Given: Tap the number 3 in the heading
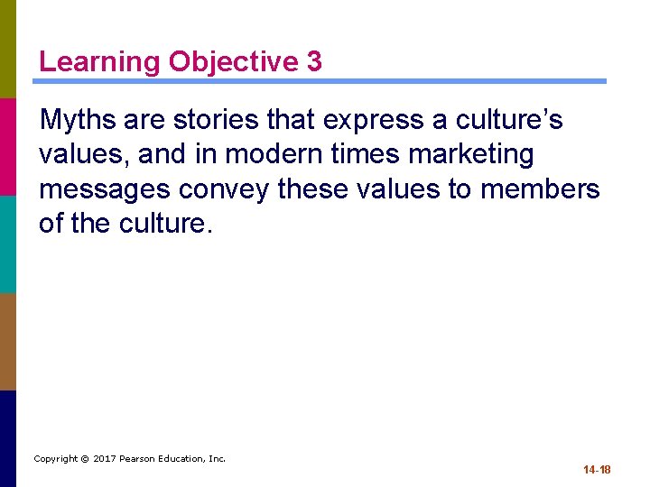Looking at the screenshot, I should click(314, 61).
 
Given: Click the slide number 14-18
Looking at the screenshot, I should click(597, 470).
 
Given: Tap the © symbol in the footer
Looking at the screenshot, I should click(84, 459).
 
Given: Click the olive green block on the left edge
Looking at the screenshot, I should click(8, 49).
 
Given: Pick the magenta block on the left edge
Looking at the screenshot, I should click(8, 146).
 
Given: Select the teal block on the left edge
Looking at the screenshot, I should click(8, 243).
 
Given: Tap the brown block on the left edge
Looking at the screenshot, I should click(8, 341).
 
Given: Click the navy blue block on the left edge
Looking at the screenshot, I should click(8, 438).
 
